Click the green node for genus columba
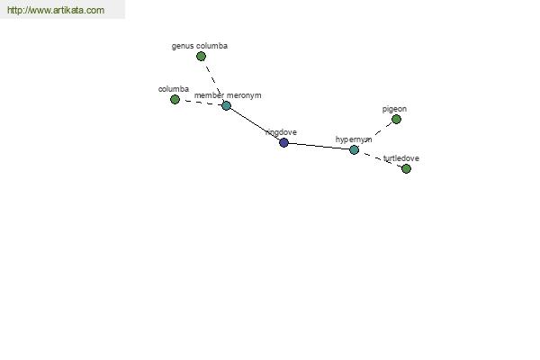[202, 57]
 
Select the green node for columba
[175, 99]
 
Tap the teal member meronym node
[226, 105]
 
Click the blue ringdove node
[283, 142]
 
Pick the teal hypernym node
[354, 149]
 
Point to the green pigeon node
[396, 119]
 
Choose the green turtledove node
[406, 168]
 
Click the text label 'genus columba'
[200, 45]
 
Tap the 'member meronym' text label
[228, 94]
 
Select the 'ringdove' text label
[281, 131]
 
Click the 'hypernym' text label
[354, 139]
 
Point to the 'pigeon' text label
[394, 109]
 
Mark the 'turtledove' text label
[400, 158]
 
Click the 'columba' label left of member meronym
[174, 89]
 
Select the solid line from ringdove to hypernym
[319, 146]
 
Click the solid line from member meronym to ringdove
[255, 124]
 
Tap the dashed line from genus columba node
[212, 78]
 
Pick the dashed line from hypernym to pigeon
[375, 134]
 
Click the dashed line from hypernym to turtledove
[380, 159]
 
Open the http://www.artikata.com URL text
[55, 11]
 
